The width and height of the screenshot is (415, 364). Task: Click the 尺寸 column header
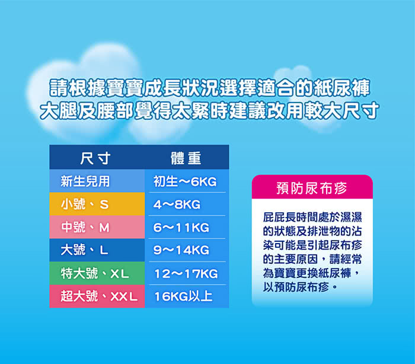tap(95, 158)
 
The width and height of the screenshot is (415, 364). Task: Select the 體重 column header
tap(186, 158)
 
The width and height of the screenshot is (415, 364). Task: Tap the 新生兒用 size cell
tap(97, 181)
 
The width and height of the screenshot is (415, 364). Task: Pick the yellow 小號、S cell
tap(97, 204)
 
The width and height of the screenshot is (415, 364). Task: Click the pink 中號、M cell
tap(97, 227)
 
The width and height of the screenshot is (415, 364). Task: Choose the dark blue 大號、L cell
tap(97, 250)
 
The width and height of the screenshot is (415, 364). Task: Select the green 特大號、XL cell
tap(97, 273)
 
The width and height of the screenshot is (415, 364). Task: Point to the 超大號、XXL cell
tap(97, 296)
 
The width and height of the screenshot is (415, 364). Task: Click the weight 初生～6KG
tap(185, 181)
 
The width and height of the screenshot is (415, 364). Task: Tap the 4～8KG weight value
tap(177, 205)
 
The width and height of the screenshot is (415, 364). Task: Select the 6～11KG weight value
tap(181, 228)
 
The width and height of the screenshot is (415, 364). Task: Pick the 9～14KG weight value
tap(181, 250)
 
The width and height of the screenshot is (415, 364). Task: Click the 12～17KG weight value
tap(186, 274)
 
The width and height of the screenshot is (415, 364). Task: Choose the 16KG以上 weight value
tap(183, 296)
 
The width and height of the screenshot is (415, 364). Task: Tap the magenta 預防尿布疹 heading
tap(312, 188)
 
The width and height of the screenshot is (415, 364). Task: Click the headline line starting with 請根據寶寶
tap(210, 88)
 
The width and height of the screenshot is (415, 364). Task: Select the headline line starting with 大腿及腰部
tap(210, 110)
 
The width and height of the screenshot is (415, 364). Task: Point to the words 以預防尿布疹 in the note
tap(296, 287)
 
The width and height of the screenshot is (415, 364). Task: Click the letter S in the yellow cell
tap(104, 205)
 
